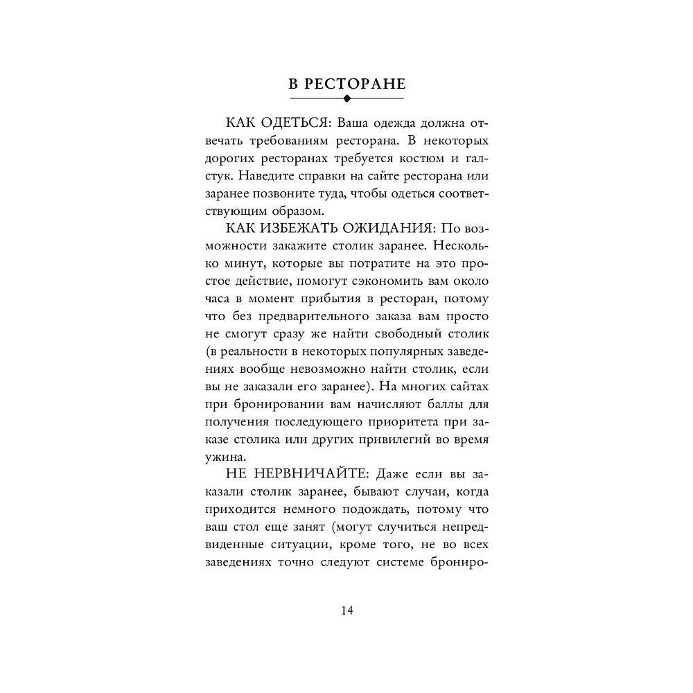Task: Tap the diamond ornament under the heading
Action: tap(347, 98)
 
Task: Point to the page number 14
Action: tap(346, 611)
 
